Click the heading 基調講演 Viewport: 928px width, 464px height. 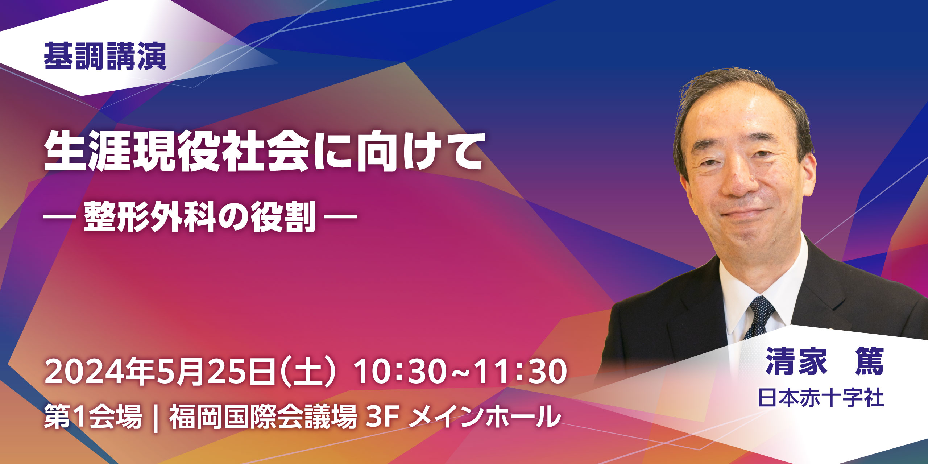click(105, 56)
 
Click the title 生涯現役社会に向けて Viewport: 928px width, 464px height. click(264, 152)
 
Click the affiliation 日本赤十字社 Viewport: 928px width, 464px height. click(821, 398)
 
